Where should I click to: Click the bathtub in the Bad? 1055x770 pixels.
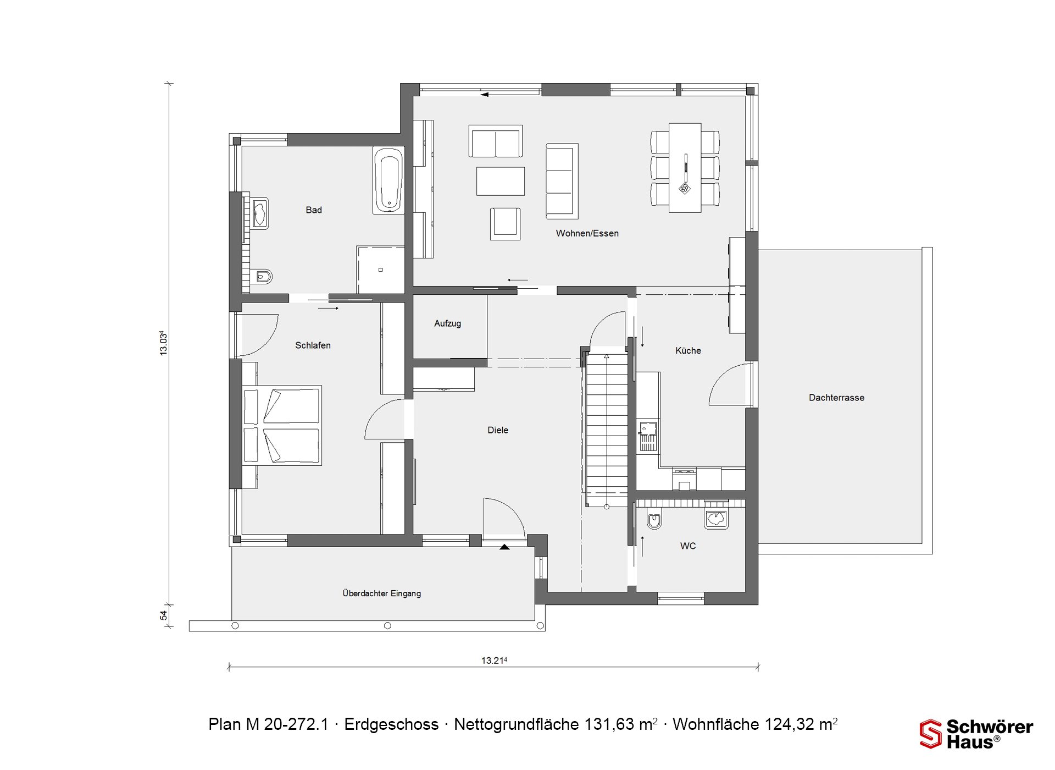point(388,180)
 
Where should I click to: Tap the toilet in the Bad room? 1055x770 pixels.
point(262,277)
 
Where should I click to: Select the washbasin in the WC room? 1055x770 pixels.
point(716,518)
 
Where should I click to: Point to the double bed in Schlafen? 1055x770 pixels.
point(282,425)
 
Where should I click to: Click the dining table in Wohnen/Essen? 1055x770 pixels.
point(685,168)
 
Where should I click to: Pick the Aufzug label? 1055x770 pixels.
point(447,323)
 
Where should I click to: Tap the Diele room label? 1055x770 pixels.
point(498,430)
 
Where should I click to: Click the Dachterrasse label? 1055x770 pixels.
point(836,398)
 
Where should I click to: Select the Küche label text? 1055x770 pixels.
point(688,350)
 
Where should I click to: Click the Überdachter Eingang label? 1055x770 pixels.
point(382,593)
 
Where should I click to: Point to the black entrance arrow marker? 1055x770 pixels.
point(504,547)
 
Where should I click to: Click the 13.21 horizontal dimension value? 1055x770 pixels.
point(494,661)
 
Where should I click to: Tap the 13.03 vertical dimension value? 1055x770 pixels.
point(163,343)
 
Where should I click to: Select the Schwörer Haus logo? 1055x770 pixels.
point(976,734)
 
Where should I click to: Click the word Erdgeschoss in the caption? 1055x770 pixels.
point(391,724)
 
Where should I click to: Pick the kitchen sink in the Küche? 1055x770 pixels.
point(648,436)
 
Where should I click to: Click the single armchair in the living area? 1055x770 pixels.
point(505,224)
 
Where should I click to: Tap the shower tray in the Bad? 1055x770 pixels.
point(380,269)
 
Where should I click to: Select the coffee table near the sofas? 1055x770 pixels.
point(501,181)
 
